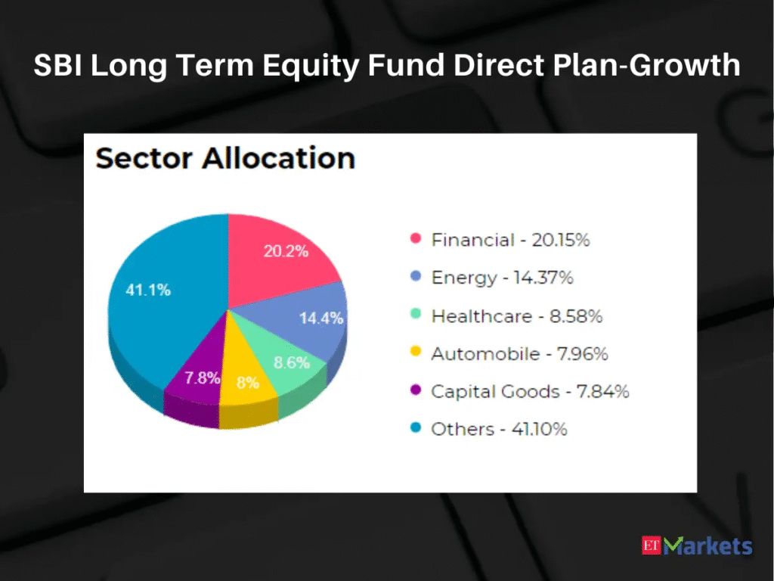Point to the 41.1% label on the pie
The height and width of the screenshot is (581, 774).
[148, 290]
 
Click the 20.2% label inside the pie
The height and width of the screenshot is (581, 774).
[286, 251]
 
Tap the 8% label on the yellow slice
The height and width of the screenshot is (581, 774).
[248, 382]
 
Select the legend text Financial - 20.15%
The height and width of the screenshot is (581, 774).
[510, 240]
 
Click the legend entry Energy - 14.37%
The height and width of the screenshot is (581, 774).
[502, 278]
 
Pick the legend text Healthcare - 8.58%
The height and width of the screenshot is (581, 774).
[517, 316]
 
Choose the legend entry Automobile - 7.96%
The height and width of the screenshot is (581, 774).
[519, 354]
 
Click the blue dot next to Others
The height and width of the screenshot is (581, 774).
[416, 427]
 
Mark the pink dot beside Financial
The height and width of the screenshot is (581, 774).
[416, 238]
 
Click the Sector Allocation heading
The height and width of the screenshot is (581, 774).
[225, 158]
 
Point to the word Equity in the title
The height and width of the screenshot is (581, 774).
[311, 66]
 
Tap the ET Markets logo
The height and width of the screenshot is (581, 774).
[697, 546]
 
